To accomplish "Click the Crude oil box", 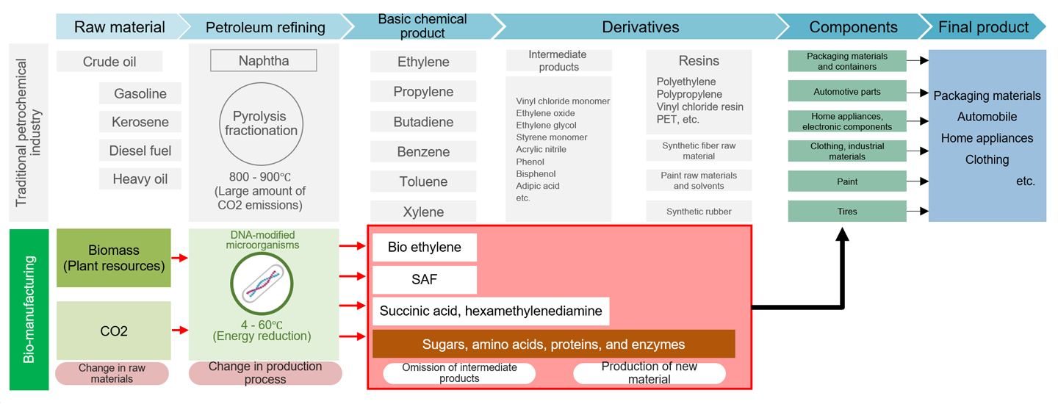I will click(x=109, y=62).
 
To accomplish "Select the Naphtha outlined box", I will click(x=264, y=61).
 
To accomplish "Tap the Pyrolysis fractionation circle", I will click(x=261, y=123).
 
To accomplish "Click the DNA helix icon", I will click(x=262, y=285).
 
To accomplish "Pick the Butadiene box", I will click(x=423, y=122).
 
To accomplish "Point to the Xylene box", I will click(x=423, y=212).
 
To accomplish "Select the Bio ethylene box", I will click(x=425, y=248).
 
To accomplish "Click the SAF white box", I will click(x=425, y=280).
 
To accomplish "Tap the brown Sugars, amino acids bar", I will click(x=553, y=345).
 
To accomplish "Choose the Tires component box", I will click(x=846, y=212).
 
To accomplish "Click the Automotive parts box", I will click(x=846, y=93).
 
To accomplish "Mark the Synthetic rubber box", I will click(x=699, y=212).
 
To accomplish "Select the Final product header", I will click(x=983, y=27).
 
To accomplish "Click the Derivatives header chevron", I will click(x=640, y=27).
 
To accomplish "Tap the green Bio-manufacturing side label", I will click(x=29, y=309).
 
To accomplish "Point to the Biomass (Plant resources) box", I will click(x=114, y=258).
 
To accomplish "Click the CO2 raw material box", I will click(x=114, y=331).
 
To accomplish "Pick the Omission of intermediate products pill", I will click(x=459, y=373).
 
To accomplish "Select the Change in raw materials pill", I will click(x=112, y=373).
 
